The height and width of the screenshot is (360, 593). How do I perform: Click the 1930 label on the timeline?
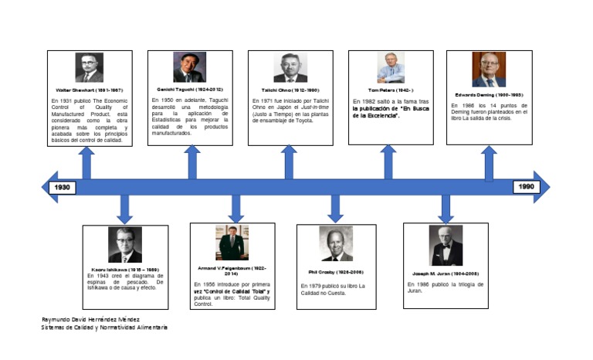62,187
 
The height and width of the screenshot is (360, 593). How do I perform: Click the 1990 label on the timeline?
526,187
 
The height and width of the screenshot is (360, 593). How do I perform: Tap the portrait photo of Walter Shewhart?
89,68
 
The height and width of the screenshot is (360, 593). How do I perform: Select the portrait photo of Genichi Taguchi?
188,67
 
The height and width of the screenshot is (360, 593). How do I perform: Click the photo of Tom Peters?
391,68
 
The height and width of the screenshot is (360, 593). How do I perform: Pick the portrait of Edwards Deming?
489,70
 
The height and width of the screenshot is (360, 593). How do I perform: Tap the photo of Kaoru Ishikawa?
124,246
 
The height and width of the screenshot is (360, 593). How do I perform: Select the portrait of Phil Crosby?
336,244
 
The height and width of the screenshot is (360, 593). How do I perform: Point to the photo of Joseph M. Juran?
446,246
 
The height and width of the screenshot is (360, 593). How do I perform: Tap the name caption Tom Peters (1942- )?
391,90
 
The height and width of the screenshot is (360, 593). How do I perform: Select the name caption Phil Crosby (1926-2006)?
336,272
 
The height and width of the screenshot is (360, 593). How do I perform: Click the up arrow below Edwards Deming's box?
489,163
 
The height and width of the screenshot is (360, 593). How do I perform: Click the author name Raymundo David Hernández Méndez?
92,319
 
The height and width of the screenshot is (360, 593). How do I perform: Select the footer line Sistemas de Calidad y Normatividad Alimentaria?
104,328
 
